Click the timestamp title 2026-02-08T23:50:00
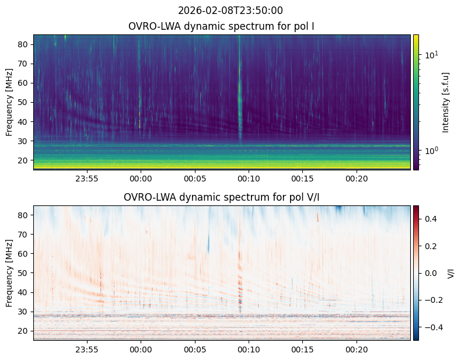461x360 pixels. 230,11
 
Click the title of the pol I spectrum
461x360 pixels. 221,26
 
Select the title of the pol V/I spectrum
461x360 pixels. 221,197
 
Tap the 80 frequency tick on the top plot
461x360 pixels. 23,44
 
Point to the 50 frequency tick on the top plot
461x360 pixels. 23,102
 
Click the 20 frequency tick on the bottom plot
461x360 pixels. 23,331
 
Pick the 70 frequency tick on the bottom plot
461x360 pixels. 23,235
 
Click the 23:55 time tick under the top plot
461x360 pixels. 87,179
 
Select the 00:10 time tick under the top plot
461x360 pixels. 249,179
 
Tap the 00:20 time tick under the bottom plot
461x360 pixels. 357,349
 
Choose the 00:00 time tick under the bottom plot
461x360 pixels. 141,349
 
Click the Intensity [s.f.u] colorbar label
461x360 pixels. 446,103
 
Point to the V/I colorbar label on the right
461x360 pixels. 450,273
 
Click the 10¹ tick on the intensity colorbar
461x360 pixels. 431,55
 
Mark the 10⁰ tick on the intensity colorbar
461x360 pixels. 431,151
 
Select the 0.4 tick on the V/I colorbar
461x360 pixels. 431,219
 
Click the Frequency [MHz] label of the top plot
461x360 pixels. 9,103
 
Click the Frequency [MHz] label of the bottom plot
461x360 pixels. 9,273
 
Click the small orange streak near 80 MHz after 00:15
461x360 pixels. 317,216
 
